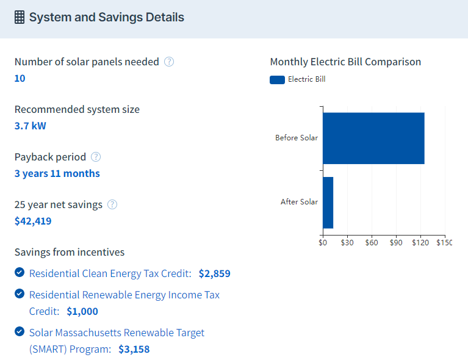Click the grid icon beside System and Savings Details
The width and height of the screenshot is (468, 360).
[20, 18]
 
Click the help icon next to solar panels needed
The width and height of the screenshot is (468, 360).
[169, 62]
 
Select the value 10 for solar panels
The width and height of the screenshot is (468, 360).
[20, 78]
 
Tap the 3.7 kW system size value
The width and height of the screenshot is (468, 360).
[31, 126]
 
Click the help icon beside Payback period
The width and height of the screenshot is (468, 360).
[96, 157]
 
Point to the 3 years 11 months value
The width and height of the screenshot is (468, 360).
[57, 173]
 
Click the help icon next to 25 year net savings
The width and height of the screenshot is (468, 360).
[112, 204]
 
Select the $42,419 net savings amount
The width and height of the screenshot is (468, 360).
[33, 221]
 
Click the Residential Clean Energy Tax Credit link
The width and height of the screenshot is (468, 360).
[110, 273]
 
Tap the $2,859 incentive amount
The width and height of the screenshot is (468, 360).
[215, 273]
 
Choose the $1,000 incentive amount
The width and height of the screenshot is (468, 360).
[82, 311]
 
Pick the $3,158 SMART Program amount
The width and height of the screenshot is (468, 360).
[134, 349]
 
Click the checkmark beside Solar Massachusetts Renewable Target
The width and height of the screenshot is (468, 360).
[20, 332]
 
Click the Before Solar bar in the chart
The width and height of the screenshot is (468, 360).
[373, 139]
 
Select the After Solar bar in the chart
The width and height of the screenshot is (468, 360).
[328, 202]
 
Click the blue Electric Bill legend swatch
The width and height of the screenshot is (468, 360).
[277, 79]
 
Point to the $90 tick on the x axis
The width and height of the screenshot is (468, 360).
[396, 242]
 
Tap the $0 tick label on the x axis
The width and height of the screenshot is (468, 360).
[323, 242]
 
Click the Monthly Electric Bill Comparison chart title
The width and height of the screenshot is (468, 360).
[345, 62]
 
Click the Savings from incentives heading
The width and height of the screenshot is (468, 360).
[70, 252]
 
